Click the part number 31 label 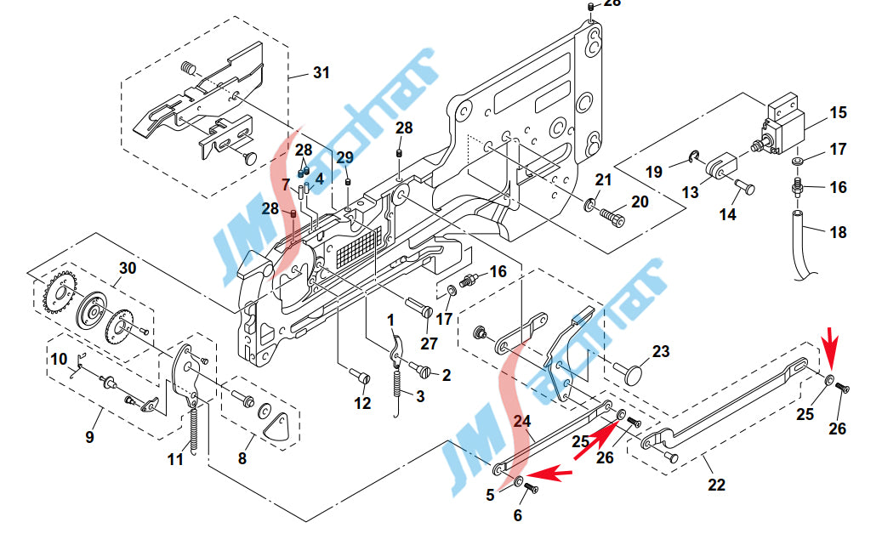[x=322, y=72]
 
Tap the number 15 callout [x=838, y=112]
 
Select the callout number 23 [x=661, y=351]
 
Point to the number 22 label [x=717, y=485]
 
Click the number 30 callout [x=128, y=269]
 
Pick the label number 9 [x=89, y=437]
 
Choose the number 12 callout [x=362, y=403]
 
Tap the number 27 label [x=430, y=343]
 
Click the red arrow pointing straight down [x=831, y=341]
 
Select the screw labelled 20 [x=612, y=217]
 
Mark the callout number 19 [x=653, y=172]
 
